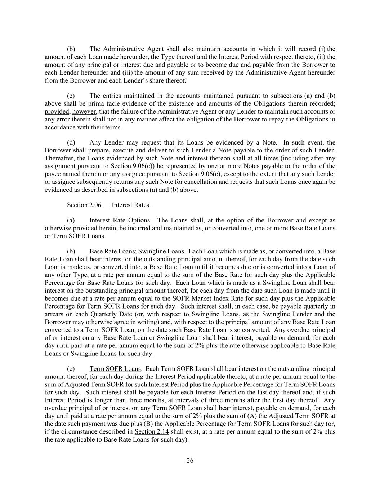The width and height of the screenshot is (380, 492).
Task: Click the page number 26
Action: tap(190, 461)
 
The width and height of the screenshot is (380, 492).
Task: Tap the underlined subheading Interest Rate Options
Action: tap(120, 220)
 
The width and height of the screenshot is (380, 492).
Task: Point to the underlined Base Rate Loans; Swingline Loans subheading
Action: tap(137, 251)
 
